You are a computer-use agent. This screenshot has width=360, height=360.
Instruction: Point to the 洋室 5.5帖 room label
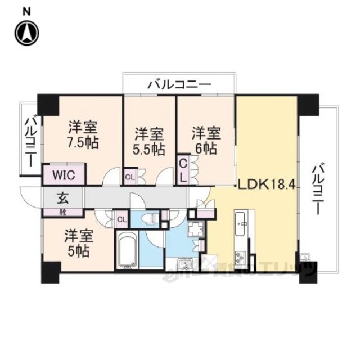pos(149,142)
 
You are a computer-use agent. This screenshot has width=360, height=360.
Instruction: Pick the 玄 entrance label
pos(63,198)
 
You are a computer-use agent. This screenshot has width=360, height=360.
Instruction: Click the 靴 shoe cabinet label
pos(63,212)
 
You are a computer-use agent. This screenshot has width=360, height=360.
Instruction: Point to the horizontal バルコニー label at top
pos(179,85)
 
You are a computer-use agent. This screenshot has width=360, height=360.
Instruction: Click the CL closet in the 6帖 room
pos(184,169)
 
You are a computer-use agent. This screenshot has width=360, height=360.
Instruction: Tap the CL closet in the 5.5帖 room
pos(130,177)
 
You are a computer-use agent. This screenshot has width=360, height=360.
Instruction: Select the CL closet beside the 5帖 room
pos(122,218)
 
